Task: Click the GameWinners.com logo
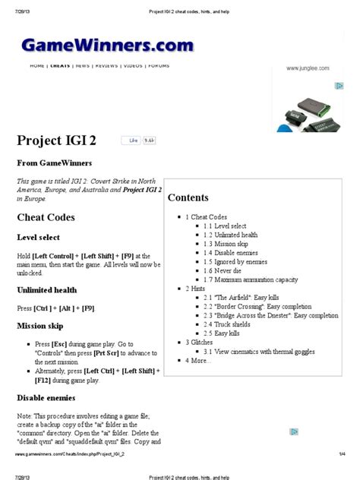(107, 46)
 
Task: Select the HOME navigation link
(37, 66)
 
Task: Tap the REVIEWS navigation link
(106, 66)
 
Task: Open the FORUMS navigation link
(159, 66)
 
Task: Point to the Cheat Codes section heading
(46, 217)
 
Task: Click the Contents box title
(188, 197)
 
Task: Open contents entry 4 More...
(200, 360)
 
